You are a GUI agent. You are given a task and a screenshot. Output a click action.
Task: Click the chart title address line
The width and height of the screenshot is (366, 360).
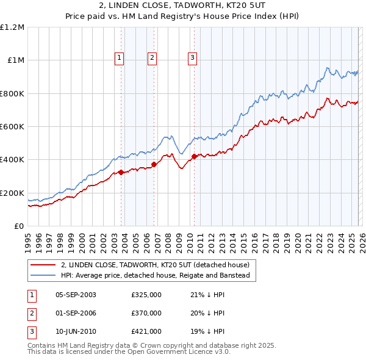pyautogui.click(x=183, y=7)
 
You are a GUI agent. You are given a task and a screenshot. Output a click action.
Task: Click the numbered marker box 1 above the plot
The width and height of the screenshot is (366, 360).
pyautogui.click(x=119, y=58)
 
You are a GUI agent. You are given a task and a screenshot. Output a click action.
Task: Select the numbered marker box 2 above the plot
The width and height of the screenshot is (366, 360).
pyautogui.click(x=152, y=58)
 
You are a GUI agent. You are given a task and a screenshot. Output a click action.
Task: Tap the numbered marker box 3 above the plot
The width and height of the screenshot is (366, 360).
pyautogui.click(x=192, y=58)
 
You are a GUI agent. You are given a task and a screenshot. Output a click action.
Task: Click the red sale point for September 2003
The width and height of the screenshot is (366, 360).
pyautogui.click(x=121, y=172)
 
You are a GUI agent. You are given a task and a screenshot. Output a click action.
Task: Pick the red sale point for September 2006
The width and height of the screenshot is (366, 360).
pyautogui.click(x=154, y=164)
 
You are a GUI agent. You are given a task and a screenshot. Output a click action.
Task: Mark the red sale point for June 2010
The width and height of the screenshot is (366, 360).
pyautogui.click(x=194, y=156)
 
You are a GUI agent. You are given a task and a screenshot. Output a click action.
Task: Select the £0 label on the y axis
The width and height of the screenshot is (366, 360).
pyautogui.click(x=20, y=226)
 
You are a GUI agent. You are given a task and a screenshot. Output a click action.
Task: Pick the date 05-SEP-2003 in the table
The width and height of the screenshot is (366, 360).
pyautogui.click(x=76, y=295)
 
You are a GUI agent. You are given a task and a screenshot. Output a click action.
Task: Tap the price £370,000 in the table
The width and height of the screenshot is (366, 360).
pyautogui.click(x=146, y=313)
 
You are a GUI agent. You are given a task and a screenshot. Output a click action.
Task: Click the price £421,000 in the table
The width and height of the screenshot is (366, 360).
pyautogui.click(x=146, y=331)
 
